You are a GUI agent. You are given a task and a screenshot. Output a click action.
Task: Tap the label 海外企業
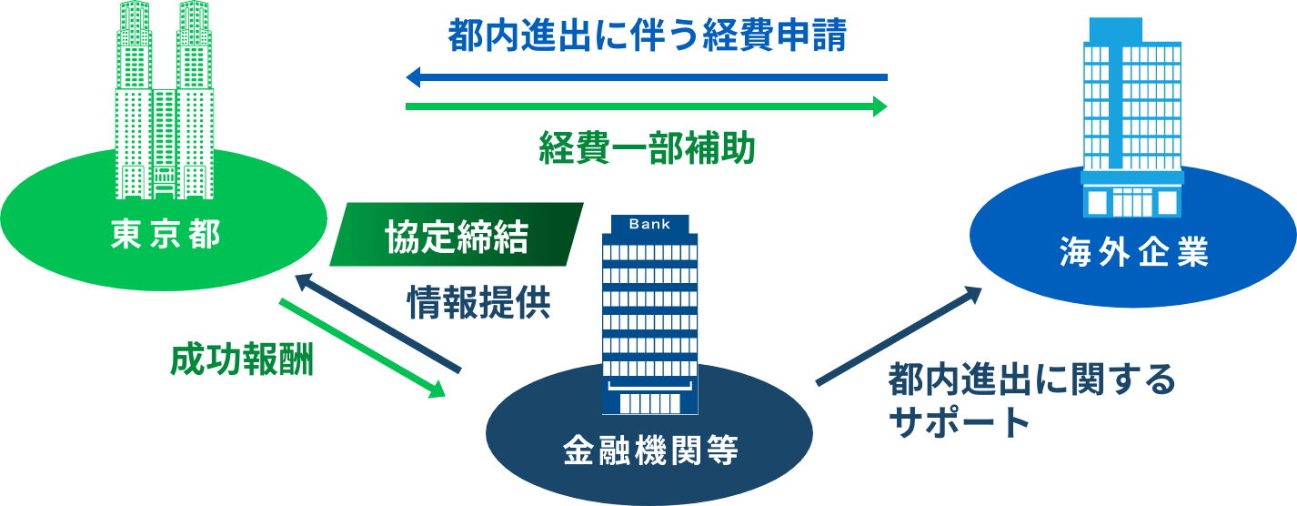(x=1133, y=252)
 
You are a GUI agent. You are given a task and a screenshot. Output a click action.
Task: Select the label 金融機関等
(x=649, y=450)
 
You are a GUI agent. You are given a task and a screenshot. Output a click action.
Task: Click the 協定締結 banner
(x=456, y=235)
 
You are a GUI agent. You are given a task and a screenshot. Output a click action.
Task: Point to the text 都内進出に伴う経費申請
(x=648, y=37)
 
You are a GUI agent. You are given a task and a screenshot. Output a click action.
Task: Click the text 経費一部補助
(x=647, y=149)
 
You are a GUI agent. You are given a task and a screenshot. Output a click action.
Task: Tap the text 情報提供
(x=478, y=302)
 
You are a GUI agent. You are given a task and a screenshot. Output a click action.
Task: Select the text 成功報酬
(x=241, y=361)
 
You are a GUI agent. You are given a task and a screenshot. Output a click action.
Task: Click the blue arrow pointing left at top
(x=646, y=78)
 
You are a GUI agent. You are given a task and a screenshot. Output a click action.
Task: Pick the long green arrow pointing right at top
(x=646, y=107)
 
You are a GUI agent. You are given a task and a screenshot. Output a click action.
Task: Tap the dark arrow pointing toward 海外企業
(x=899, y=336)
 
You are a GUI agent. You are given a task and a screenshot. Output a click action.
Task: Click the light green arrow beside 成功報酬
(x=362, y=348)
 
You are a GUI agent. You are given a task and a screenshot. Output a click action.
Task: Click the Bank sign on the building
(x=649, y=224)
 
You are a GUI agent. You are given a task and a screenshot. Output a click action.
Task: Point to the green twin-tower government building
(x=165, y=100)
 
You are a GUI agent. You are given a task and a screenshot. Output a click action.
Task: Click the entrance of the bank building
(x=649, y=401)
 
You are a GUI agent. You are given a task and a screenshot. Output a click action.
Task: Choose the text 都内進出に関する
(x=1031, y=379)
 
